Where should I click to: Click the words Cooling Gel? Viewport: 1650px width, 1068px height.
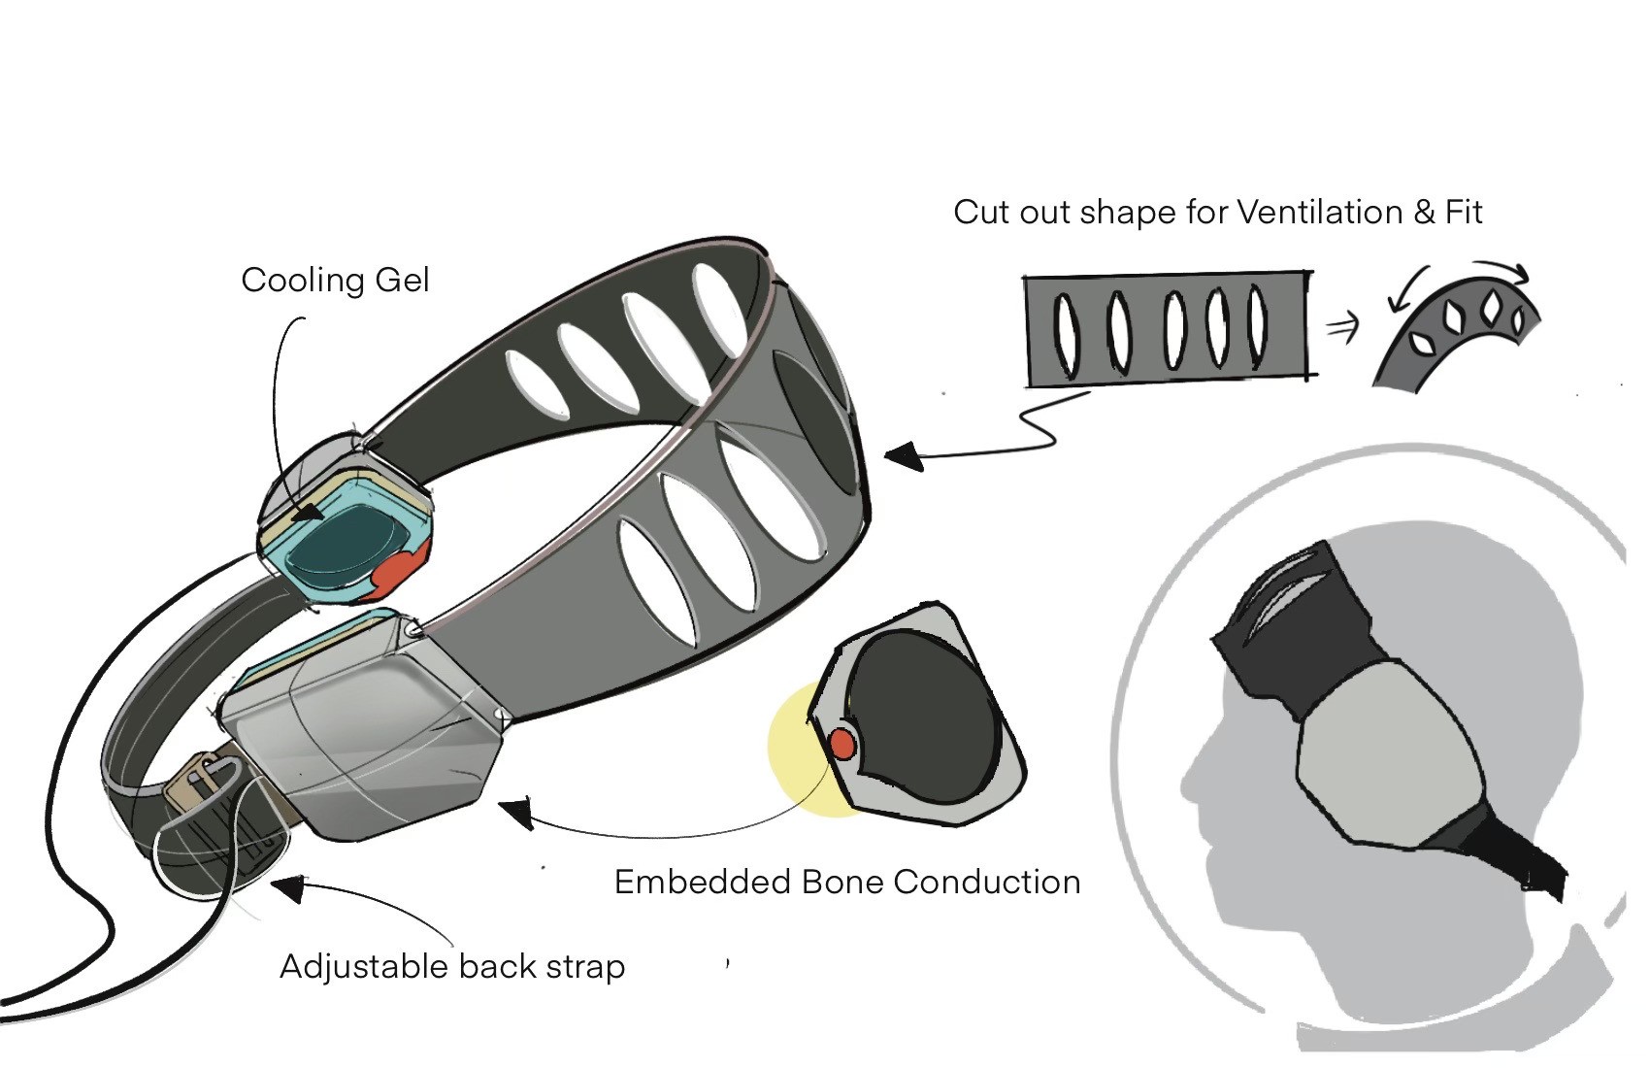point(335,281)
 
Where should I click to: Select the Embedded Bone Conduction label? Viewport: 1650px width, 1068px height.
point(847,882)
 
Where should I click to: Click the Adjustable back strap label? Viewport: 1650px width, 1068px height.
point(452,966)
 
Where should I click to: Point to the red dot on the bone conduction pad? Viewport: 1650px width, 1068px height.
point(841,745)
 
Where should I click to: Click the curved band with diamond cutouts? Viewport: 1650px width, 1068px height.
point(1456,330)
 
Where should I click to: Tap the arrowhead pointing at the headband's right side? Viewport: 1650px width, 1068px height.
point(903,456)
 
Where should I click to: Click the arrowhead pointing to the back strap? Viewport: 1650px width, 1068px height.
point(287,886)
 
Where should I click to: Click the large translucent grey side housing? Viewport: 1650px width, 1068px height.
point(364,738)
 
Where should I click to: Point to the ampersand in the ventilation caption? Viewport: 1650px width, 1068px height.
point(1424,212)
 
